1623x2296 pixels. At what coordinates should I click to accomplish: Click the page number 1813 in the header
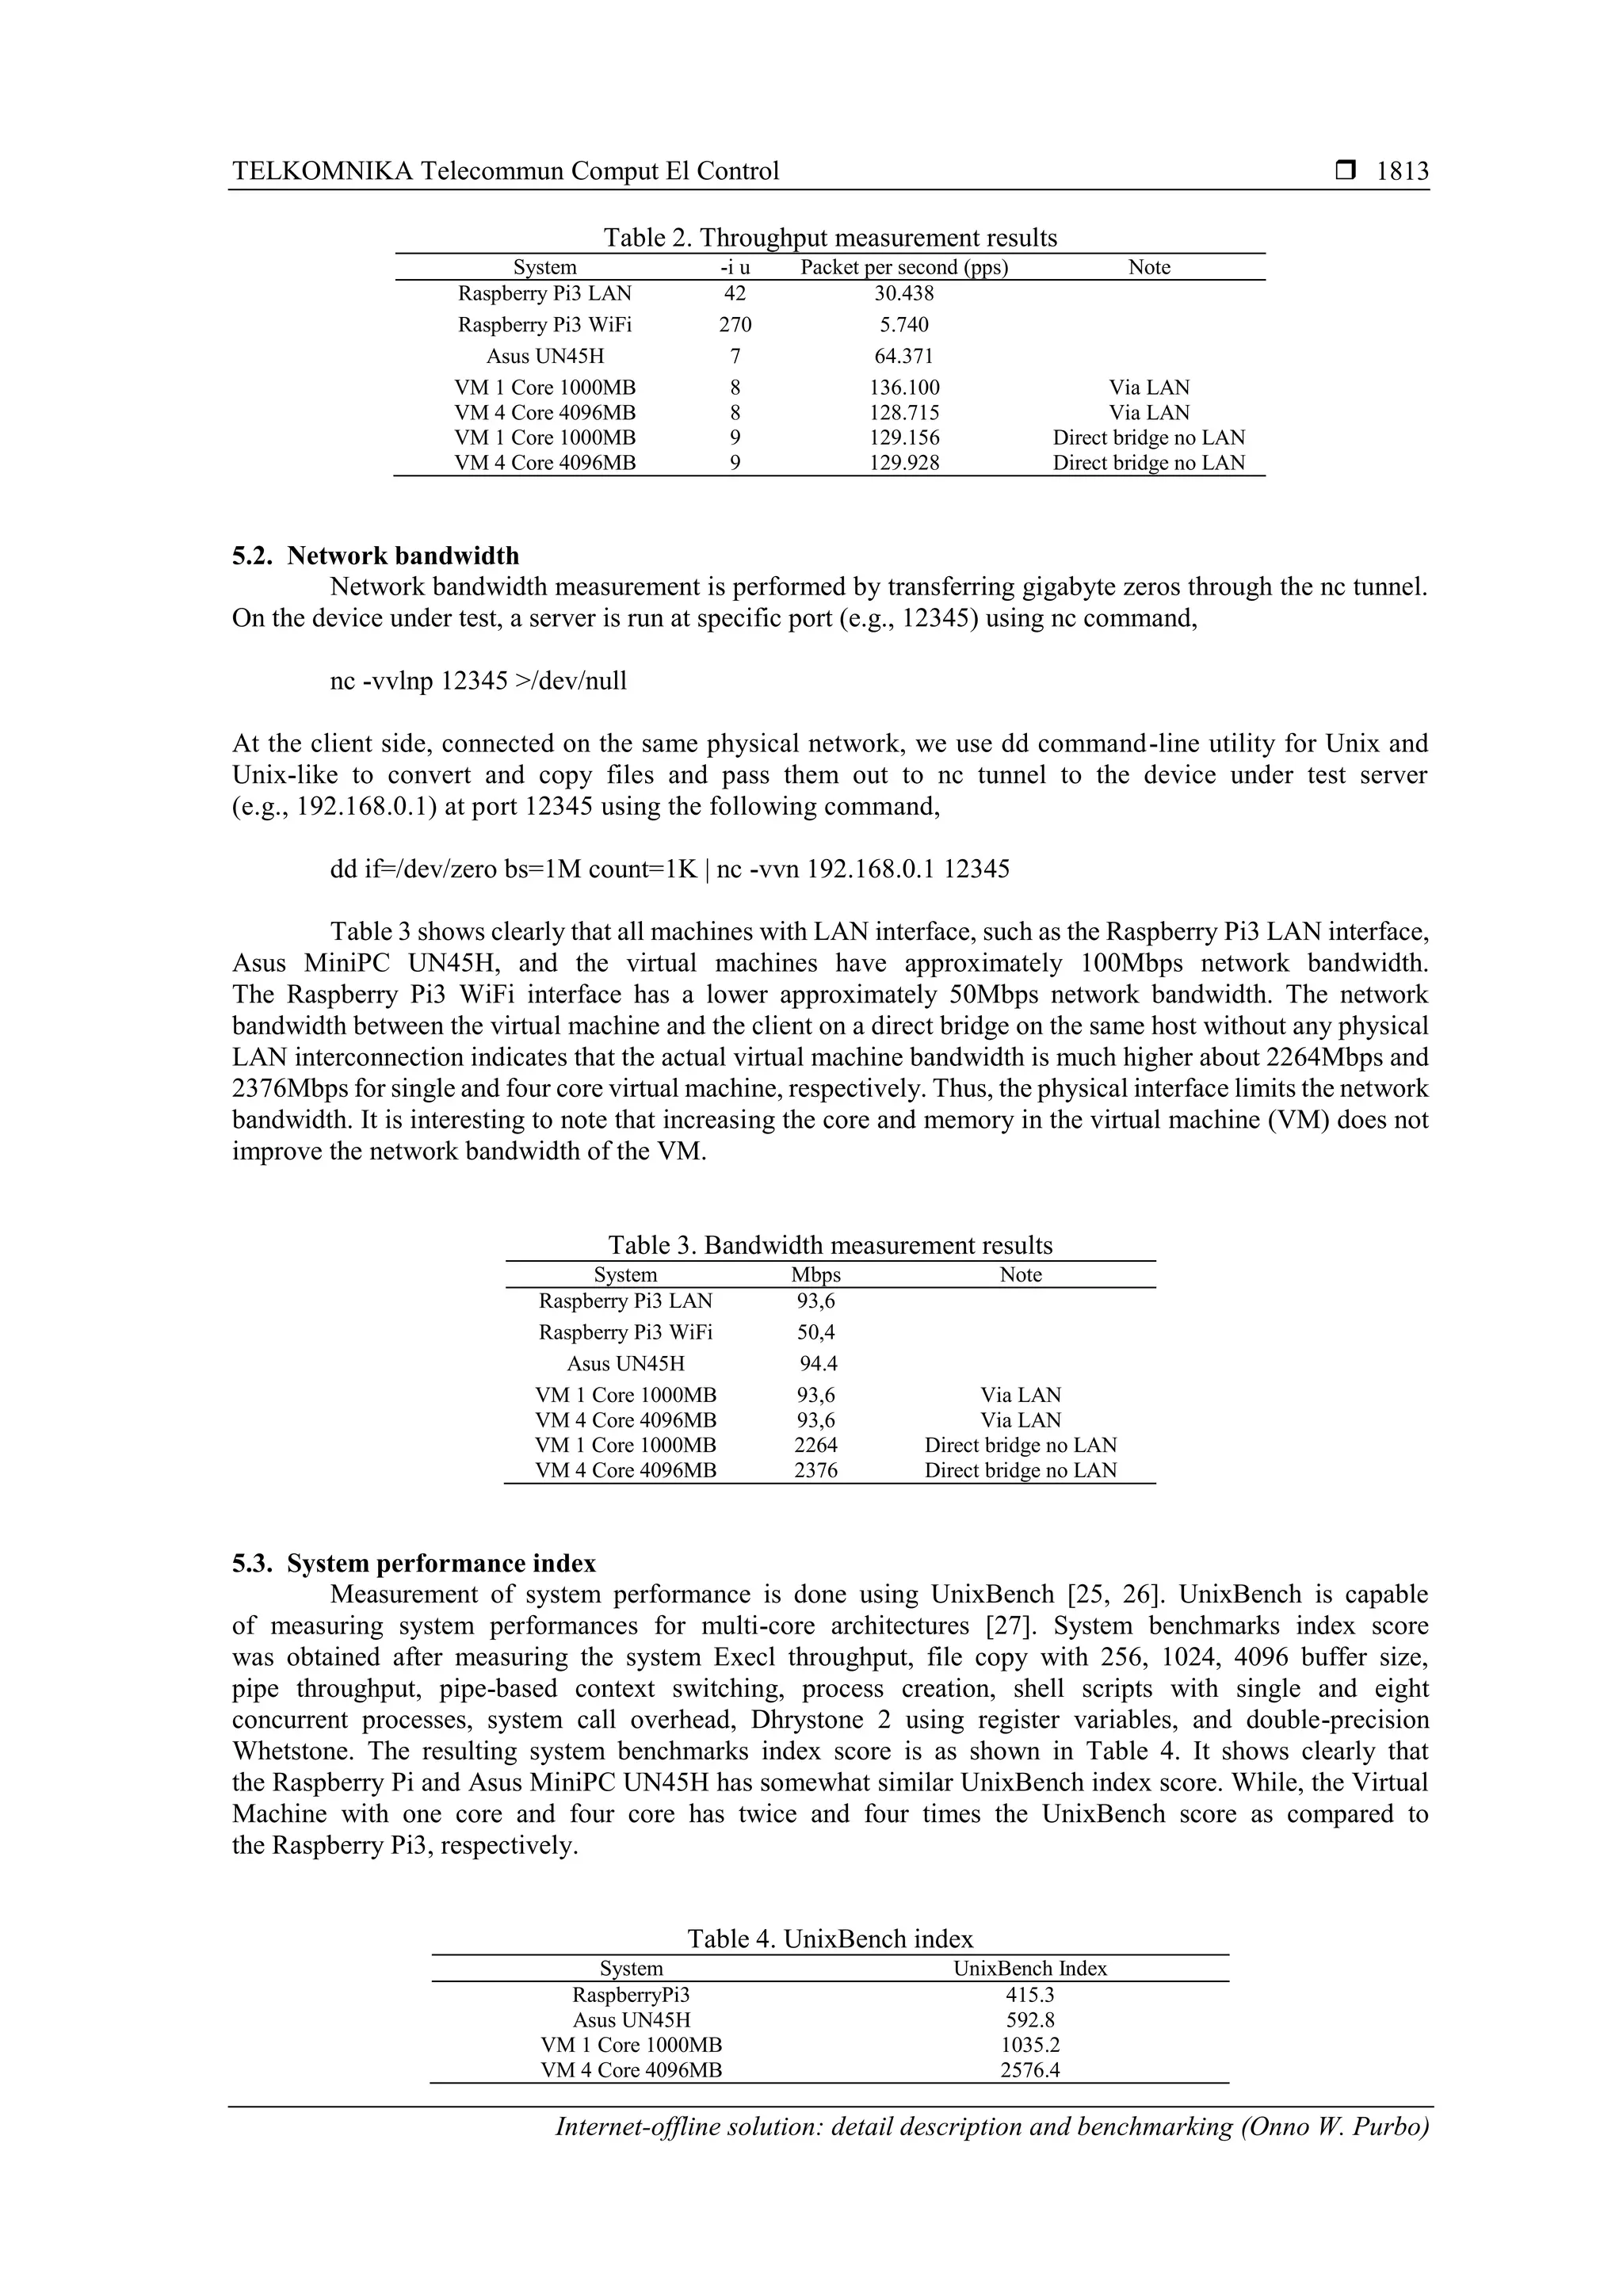tap(1402, 171)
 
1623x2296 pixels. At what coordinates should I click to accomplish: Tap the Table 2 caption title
tap(829, 238)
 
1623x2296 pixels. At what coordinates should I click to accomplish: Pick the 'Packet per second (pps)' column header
tap(904, 267)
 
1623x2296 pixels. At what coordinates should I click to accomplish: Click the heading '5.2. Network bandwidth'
tap(376, 556)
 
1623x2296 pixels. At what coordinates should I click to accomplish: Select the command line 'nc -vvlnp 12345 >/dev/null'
tap(478, 681)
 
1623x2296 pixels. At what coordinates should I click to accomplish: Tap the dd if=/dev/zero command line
tap(669, 869)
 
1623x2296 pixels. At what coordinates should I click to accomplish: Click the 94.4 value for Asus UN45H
tap(817, 1363)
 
